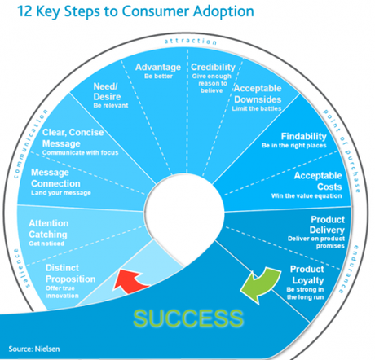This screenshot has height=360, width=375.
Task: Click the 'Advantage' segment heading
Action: pos(158,67)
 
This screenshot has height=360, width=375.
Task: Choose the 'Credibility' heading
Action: pos(212,67)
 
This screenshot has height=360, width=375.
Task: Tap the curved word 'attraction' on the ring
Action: pos(187,39)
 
